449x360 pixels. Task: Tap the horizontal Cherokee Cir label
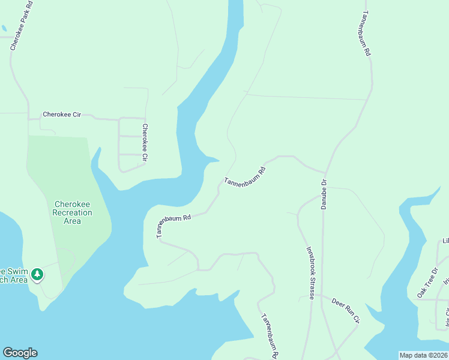61,114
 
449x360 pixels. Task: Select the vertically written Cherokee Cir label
145,143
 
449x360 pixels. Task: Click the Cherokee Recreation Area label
73,212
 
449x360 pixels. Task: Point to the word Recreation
73,212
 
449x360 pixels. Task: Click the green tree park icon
37,274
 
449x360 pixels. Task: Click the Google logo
20,353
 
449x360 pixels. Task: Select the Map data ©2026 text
423,355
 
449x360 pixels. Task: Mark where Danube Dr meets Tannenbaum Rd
325,171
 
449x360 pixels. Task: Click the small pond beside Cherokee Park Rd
4,28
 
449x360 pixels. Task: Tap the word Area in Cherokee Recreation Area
73,221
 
